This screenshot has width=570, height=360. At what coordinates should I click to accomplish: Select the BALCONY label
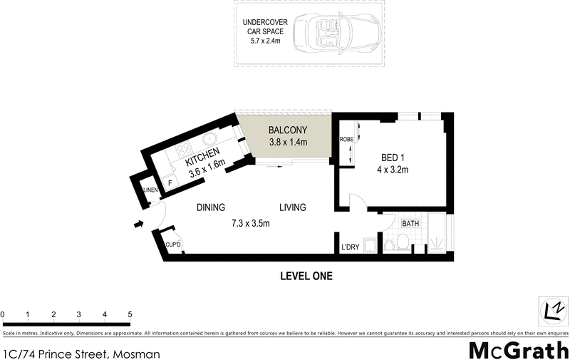pos(287,130)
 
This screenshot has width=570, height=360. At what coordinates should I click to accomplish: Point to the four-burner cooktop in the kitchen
pos(182,150)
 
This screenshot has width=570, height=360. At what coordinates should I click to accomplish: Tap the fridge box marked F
pos(170,183)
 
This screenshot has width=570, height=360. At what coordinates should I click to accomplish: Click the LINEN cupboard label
pos(150,190)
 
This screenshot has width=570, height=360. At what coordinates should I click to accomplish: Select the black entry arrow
pos(138,225)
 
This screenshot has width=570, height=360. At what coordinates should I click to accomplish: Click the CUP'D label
pos(173,245)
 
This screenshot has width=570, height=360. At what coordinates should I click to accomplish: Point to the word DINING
pos(211,208)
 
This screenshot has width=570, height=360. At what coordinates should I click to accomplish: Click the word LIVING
pos(292,208)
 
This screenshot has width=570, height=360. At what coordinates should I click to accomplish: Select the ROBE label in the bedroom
pos(347,140)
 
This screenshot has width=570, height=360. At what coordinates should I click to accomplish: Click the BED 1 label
pos(390,158)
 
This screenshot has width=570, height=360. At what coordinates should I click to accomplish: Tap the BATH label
pos(410,224)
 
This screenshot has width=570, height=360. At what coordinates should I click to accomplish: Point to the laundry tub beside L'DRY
pos(370,246)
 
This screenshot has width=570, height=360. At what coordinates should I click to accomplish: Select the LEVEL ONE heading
pos(306,276)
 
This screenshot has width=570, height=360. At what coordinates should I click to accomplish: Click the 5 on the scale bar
pos(130,314)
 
